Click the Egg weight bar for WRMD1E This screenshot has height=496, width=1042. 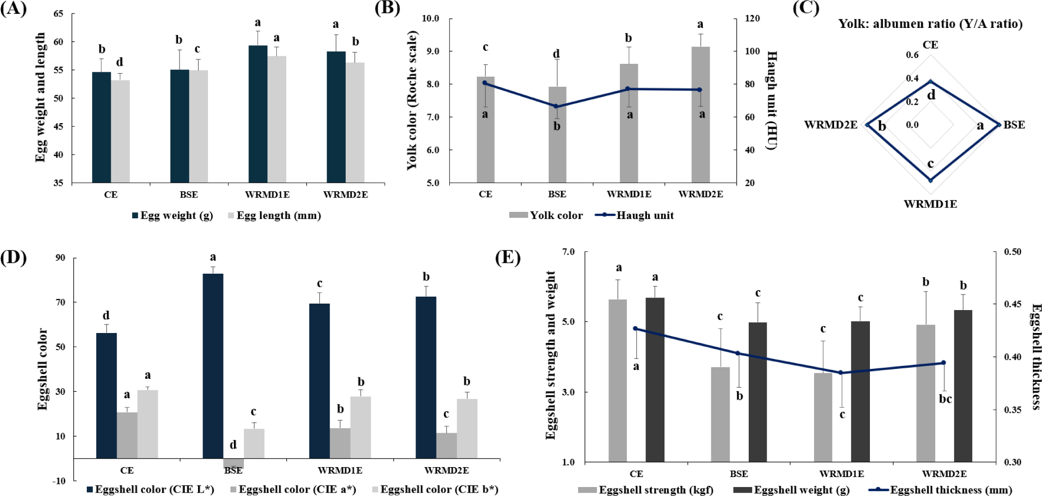coord(257,115)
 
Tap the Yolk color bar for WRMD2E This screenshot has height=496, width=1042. coord(700,115)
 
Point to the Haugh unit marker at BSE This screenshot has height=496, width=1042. coord(557,106)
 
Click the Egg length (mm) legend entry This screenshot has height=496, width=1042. coord(274,215)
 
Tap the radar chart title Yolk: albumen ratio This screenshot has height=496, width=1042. coord(930,24)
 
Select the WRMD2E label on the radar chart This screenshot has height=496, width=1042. coord(831,125)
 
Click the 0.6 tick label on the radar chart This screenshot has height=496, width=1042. coord(912,55)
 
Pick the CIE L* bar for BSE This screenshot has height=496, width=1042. coord(213,366)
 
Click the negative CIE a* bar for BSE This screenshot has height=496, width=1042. coord(233,463)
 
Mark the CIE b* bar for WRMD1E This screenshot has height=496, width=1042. coord(361,427)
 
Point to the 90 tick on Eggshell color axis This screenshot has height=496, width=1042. coord(60,258)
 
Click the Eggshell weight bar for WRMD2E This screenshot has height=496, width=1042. coord(963,386)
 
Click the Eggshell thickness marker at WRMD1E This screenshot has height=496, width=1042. coord(840,372)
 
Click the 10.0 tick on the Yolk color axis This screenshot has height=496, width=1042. coord(430,18)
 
